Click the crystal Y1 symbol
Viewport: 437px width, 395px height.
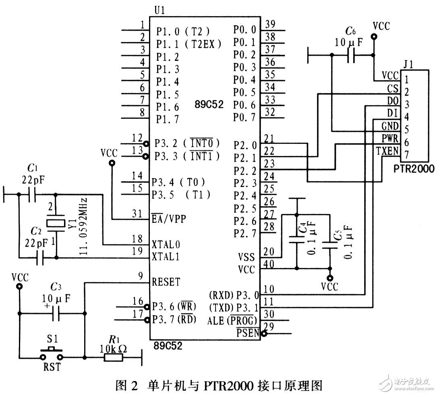click(x=56, y=222)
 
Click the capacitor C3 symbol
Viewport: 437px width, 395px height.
click(x=56, y=313)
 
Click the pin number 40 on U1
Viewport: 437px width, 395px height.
click(x=270, y=264)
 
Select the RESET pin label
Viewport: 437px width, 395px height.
click(x=166, y=282)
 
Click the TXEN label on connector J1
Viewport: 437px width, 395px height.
click(x=387, y=151)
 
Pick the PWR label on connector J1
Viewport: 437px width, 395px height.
click(x=390, y=138)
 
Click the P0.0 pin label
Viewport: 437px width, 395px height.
click(x=244, y=29)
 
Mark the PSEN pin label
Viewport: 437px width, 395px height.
click(x=248, y=333)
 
